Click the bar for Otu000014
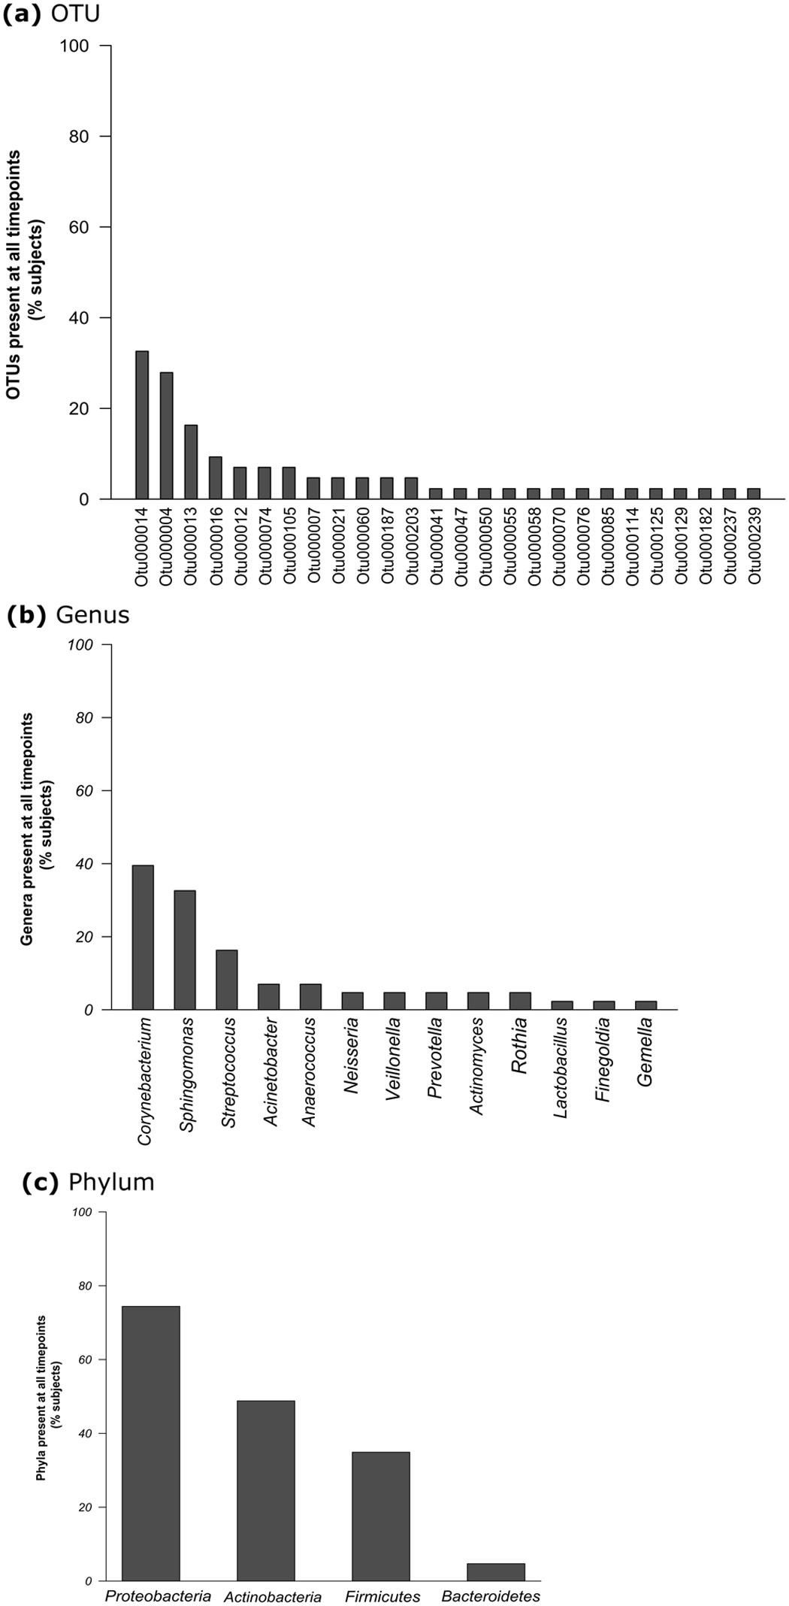pos(141,425)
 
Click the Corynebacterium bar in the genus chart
pos(143,937)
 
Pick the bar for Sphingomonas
pos(185,950)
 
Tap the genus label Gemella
pos(645,1053)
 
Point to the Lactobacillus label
pos(561,1068)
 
